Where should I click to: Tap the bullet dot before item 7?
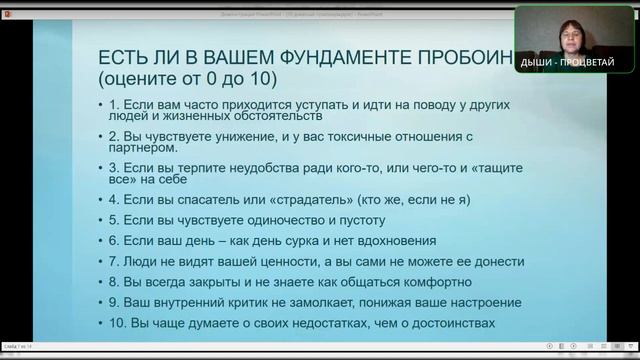[103, 262]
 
